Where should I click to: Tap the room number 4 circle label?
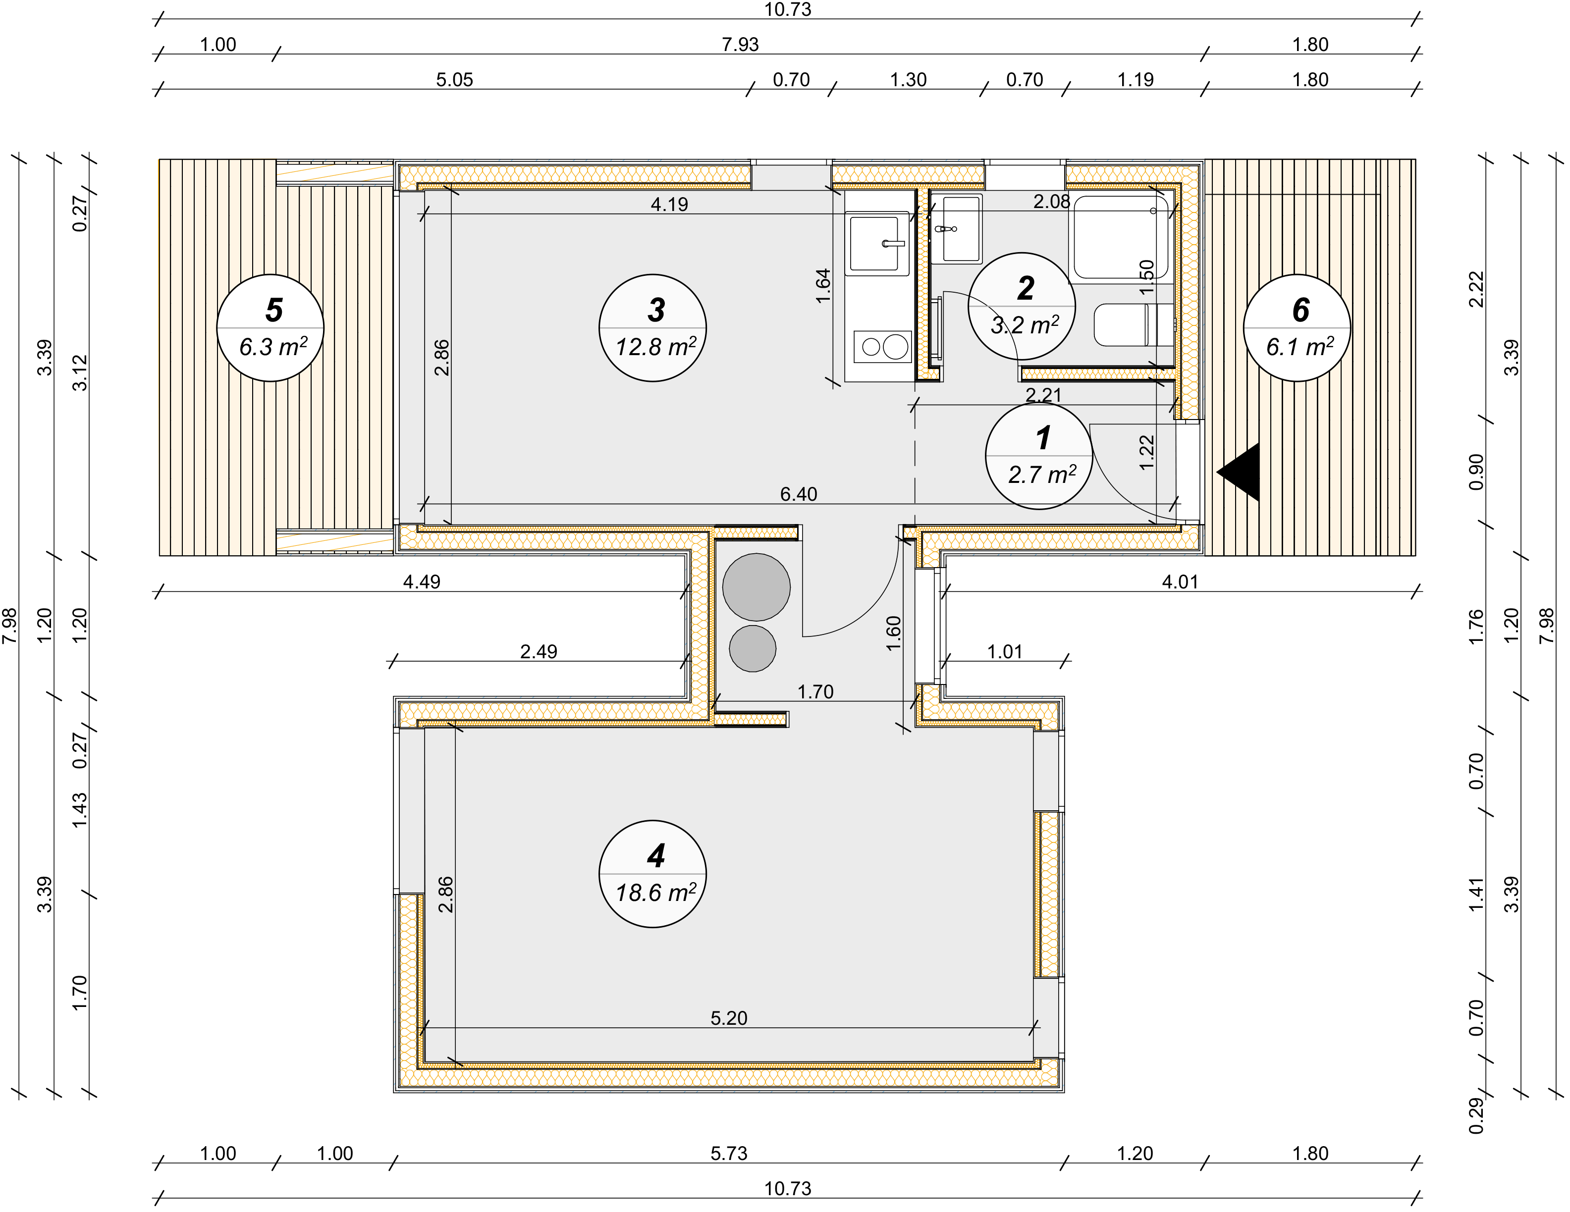(x=653, y=873)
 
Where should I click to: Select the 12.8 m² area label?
(x=655, y=347)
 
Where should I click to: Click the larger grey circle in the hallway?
(x=756, y=586)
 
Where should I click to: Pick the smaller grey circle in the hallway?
(x=753, y=648)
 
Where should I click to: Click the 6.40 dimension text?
(x=799, y=494)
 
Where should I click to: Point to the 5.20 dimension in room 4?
(x=729, y=1018)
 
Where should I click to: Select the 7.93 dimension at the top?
(x=741, y=45)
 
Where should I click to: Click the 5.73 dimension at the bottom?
(x=729, y=1153)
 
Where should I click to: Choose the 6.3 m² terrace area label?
(x=273, y=347)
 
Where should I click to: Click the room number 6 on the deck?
(x=1300, y=310)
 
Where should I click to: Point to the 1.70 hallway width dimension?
(x=815, y=691)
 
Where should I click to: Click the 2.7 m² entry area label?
(x=1042, y=475)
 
